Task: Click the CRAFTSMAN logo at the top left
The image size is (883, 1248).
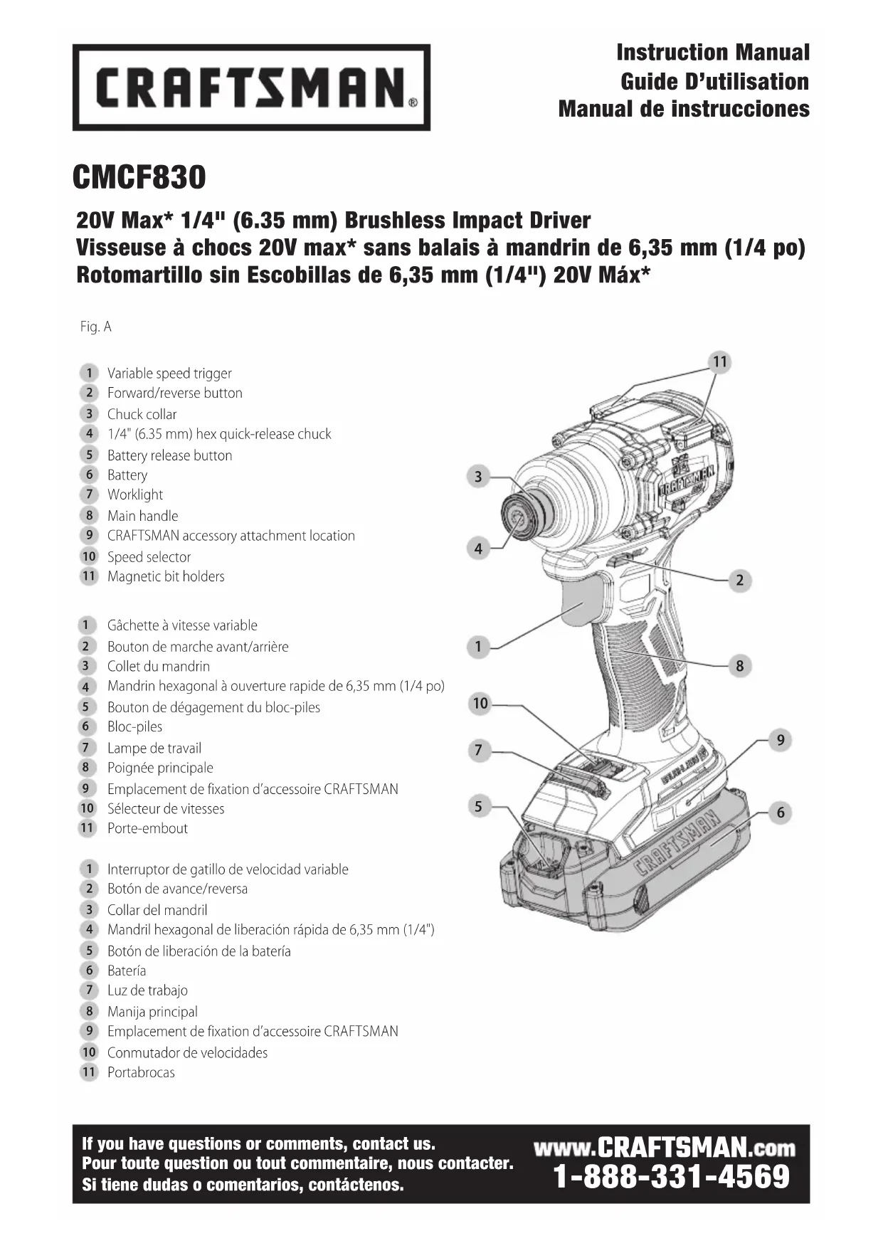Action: pos(251,87)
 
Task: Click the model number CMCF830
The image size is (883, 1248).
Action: pos(139,177)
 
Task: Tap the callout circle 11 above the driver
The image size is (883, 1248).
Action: pos(720,361)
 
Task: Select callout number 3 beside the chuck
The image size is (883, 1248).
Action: pos(478,477)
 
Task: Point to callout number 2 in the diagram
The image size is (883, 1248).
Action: pos(739,580)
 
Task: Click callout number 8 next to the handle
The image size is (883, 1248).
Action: pos(739,666)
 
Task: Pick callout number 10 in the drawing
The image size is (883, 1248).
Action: pos(480,704)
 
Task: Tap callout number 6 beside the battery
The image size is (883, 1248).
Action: pos(780,813)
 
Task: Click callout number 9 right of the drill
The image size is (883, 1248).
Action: pos(780,740)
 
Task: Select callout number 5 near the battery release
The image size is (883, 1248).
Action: pos(478,806)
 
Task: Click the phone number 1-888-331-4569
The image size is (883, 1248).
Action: pos(671,1177)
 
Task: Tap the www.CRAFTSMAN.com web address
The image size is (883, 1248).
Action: pos(664,1147)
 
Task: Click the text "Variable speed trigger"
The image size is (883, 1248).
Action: pos(169,374)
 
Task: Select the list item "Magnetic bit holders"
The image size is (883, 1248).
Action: pos(166,576)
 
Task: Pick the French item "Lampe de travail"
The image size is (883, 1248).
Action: pos(154,748)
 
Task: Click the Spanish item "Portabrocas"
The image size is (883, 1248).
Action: pos(141,1072)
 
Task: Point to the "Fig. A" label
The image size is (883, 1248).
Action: pos(96,327)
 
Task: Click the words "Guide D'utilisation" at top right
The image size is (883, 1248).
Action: pos(714,82)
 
